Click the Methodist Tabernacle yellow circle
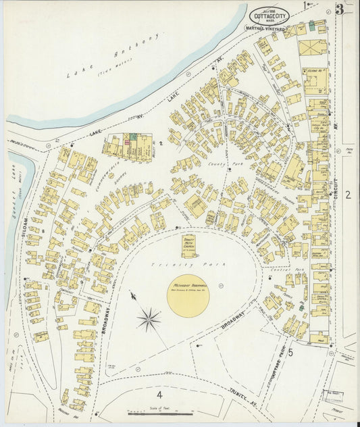click(188, 295)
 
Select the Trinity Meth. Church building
click(189, 246)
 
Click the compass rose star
click(149, 318)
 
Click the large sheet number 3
click(340, 9)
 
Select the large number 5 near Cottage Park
click(290, 351)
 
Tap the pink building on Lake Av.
click(126, 143)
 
